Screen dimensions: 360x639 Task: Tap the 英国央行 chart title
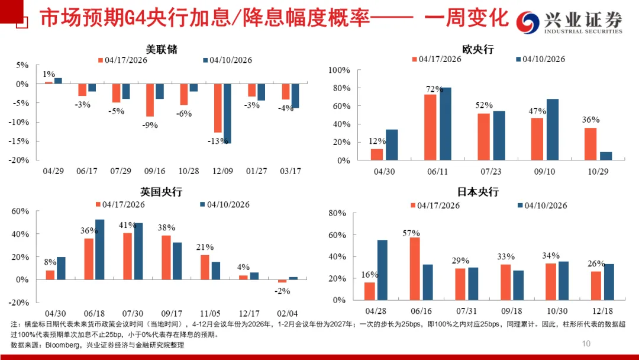(162, 192)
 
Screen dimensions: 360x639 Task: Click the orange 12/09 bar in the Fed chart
(218, 108)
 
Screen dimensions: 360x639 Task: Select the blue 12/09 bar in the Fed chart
(227, 113)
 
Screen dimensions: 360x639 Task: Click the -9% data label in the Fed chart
(150, 125)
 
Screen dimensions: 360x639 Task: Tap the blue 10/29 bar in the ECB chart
(605, 156)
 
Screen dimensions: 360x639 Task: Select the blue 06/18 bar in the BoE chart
(99, 249)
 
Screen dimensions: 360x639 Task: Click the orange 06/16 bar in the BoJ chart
(414, 269)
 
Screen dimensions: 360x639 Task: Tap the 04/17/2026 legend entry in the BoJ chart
(435, 205)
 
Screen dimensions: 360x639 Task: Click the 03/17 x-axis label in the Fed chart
(290, 171)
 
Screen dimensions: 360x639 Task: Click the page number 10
(586, 343)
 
